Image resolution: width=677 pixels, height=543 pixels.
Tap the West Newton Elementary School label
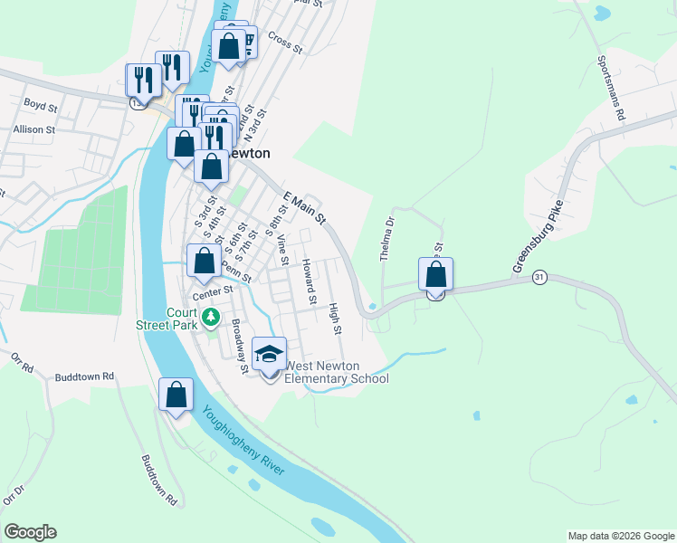tap(337, 372)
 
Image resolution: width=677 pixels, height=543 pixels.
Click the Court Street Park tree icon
tap(210, 317)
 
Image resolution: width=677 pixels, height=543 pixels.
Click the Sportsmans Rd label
tap(611, 89)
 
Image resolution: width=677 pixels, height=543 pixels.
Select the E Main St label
tap(304, 208)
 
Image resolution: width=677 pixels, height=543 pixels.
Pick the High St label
tap(336, 319)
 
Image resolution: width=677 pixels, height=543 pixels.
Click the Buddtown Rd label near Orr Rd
tap(84, 376)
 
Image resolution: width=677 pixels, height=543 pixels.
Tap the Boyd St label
tap(41, 106)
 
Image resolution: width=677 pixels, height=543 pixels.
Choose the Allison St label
tap(34, 129)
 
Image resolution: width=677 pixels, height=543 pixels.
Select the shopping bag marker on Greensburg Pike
tap(436, 274)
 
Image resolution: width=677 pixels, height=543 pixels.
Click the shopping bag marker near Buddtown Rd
tap(176, 395)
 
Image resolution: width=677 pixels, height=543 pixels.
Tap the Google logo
tap(30, 532)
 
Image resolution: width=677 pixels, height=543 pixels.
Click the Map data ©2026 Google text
tap(620, 536)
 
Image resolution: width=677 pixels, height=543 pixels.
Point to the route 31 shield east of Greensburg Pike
tap(539, 277)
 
